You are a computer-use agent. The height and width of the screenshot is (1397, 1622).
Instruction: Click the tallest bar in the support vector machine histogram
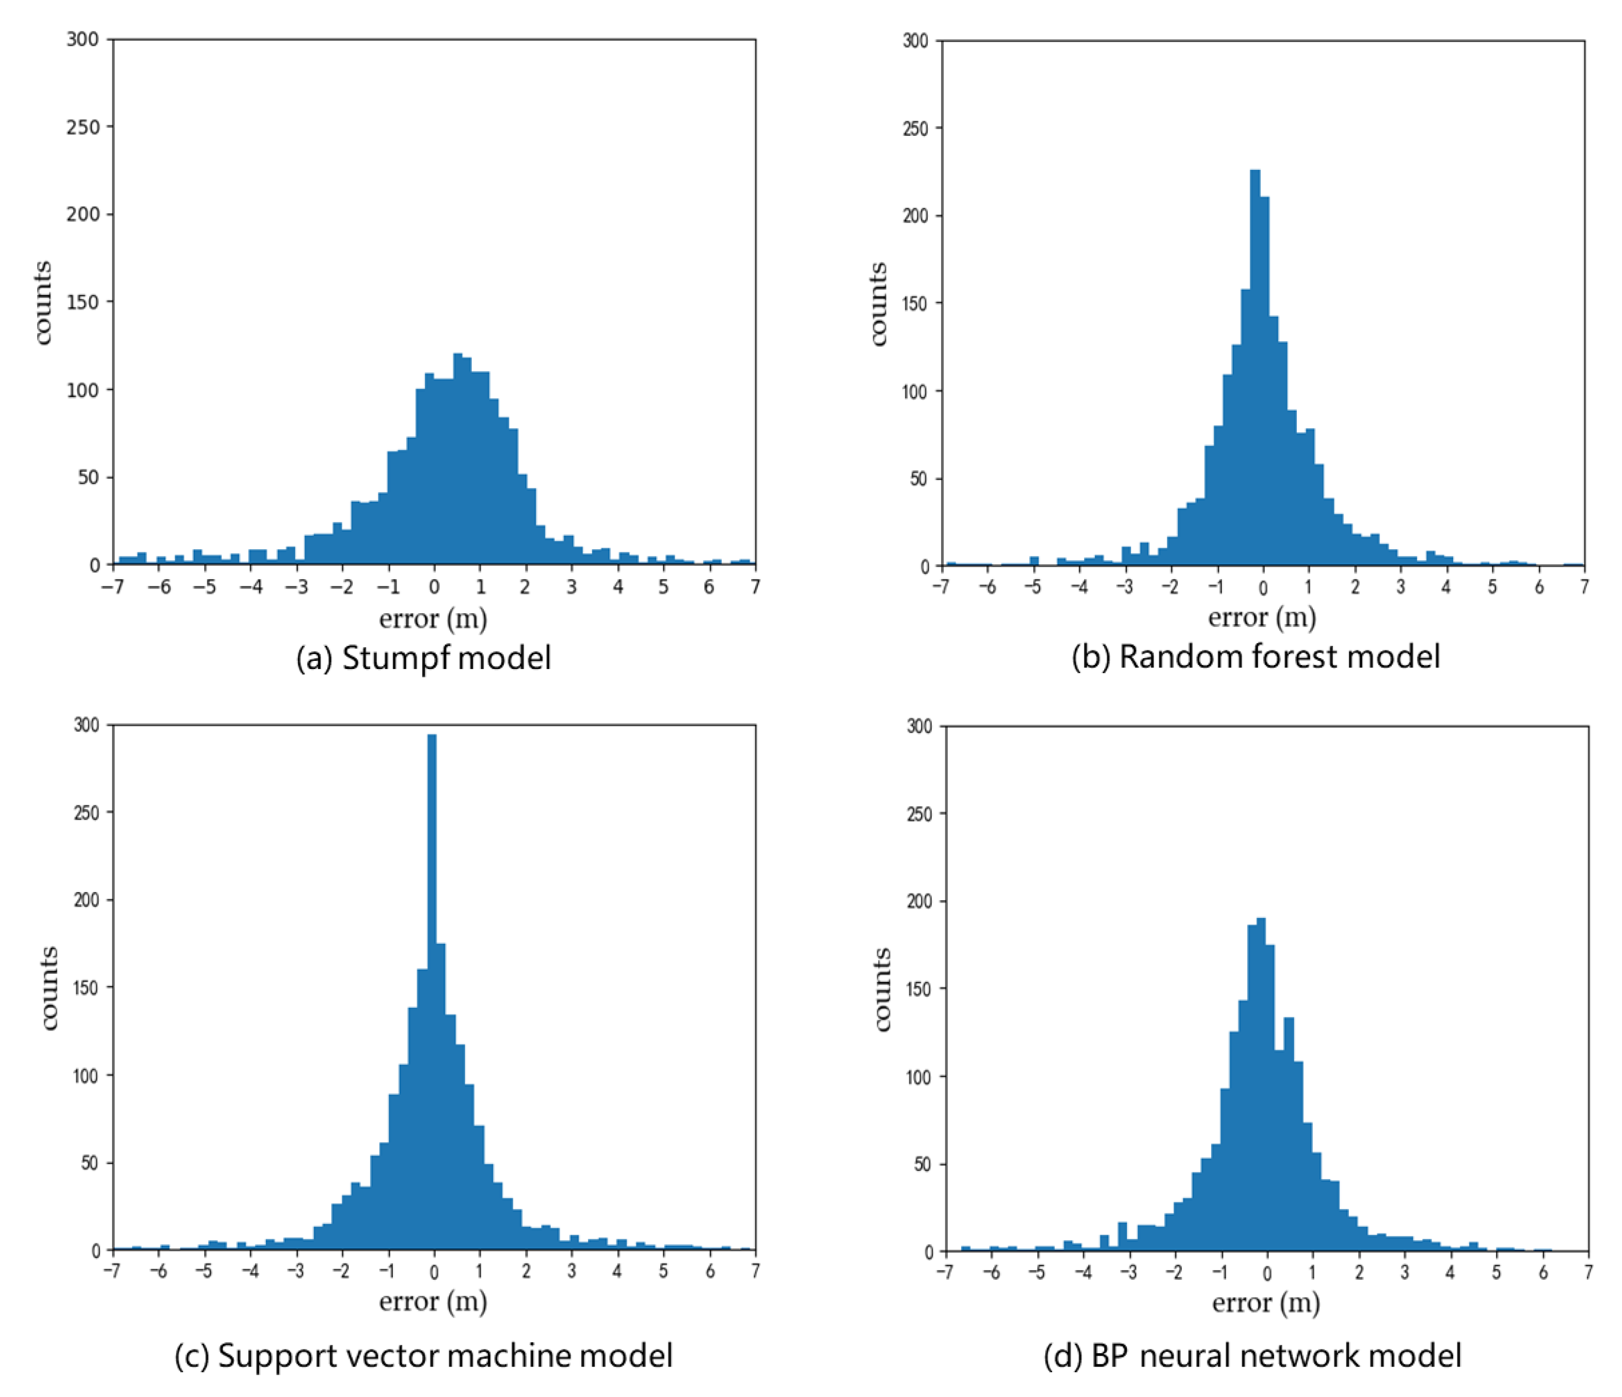pos(432,994)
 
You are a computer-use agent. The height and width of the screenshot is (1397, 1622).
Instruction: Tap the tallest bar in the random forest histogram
pos(1255,368)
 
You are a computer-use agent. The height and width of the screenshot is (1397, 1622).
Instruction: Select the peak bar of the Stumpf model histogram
pos(458,462)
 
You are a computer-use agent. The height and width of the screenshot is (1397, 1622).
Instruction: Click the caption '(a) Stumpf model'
pos(423,658)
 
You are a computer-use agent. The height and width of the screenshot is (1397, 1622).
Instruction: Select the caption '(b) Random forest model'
pos(1255,656)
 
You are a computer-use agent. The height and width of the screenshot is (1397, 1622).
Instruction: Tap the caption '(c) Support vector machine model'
pos(423,1355)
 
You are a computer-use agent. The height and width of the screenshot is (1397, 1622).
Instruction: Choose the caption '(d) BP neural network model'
pos(1252,1355)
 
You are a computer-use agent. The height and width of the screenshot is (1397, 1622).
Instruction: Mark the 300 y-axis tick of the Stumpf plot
pos(83,39)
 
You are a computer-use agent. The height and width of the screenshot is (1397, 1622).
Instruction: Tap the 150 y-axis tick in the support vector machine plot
pos(86,988)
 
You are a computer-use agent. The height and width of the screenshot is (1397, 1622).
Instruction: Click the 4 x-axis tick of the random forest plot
pos(1446,588)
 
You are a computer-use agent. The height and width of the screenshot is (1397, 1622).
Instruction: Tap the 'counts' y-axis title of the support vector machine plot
pos(49,988)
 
